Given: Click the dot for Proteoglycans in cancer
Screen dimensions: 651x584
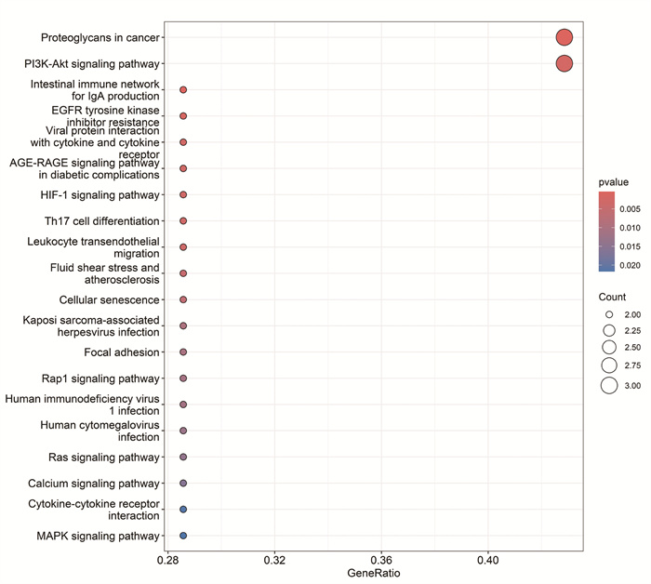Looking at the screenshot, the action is (x=565, y=37).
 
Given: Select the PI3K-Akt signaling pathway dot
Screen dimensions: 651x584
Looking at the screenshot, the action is (x=565, y=63).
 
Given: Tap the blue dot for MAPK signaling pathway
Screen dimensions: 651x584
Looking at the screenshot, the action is (x=183, y=536).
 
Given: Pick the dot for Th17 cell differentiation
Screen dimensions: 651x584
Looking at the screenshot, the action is (x=183, y=220).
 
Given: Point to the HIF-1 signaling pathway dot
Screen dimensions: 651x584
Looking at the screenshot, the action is (x=183, y=194).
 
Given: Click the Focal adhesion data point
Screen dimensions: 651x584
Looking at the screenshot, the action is (x=183, y=352).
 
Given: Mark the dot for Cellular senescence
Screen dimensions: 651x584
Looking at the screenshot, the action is (x=183, y=299).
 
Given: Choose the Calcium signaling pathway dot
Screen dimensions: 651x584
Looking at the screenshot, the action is (x=183, y=484).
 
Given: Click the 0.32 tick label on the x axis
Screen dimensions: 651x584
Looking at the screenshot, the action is (x=274, y=561).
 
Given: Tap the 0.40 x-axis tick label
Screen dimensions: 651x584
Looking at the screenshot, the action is (x=488, y=561).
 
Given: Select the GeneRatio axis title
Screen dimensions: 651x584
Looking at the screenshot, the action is (x=374, y=573).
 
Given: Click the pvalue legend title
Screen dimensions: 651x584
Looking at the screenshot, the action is (x=613, y=182).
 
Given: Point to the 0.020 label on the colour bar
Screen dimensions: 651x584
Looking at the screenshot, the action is (x=630, y=265).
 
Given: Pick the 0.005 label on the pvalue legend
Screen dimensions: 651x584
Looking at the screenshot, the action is (x=630, y=209).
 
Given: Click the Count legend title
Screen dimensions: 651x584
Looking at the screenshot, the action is (x=612, y=297).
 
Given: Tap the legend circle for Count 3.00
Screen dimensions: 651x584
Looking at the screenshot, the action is (x=609, y=386).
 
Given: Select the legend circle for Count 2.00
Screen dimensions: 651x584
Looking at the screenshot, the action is (x=609, y=314).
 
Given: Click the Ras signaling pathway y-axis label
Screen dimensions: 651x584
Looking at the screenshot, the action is (x=104, y=457).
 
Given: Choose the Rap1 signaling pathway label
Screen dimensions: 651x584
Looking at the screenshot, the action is (x=100, y=378).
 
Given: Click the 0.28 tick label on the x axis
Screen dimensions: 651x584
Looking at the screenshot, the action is (x=167, y=561).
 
